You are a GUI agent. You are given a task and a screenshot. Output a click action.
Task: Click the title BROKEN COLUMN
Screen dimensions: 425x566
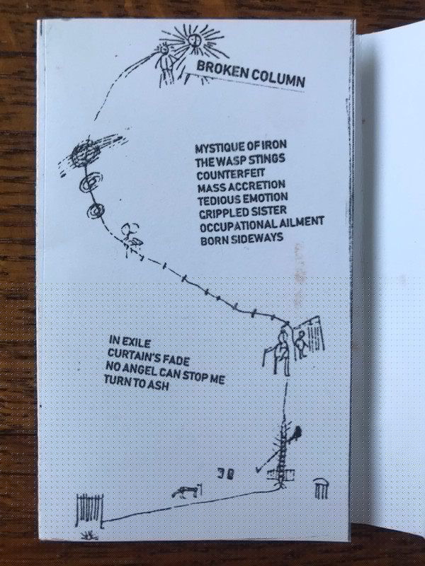tap(251, 74)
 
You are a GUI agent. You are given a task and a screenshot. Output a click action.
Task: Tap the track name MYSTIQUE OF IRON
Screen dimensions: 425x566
tap(241, 146)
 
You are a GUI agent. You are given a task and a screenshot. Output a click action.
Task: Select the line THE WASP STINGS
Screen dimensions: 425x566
tap(240, 160)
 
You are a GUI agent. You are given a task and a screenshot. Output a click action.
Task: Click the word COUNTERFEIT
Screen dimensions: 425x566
tap(231, 173)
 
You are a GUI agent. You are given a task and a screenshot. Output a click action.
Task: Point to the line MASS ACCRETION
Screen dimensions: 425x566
tap(242, 187)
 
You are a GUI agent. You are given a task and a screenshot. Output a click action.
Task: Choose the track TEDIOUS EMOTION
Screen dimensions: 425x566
tap(243, 200)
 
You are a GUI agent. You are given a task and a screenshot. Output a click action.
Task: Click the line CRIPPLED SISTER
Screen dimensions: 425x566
tap(243, 212)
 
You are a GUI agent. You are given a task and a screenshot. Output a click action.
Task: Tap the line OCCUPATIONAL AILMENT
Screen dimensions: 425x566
tap(261, 225)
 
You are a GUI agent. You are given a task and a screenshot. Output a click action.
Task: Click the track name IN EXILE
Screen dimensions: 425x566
tap(130, 342)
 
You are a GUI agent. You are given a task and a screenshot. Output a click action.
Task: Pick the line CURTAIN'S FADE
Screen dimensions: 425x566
tap(149, 356)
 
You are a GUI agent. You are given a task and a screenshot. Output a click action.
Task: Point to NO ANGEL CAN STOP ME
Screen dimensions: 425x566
tap(165, 372)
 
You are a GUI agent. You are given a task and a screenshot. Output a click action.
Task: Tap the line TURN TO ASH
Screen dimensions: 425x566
tap(137, 383)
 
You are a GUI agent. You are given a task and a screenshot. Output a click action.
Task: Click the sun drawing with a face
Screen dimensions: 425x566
tap(195, 42)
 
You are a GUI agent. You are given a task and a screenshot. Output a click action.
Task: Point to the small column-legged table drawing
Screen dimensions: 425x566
tap(320, 488)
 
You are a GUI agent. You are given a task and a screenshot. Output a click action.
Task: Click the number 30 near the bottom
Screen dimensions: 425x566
tap(226, 473)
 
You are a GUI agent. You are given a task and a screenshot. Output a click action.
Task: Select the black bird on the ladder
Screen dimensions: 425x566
tap(297, 433)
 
